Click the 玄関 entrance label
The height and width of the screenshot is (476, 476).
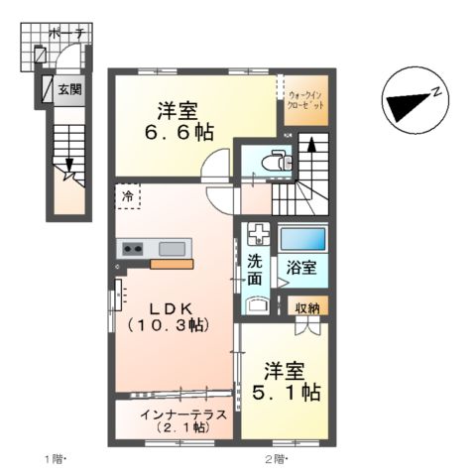pos(70,90)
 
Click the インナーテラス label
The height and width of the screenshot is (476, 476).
pos(183,415)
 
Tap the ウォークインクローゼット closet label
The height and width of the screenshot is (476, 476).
pos(305,99)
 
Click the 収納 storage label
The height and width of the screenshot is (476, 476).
pos(307,308)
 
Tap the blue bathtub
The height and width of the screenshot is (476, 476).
pos(302,238)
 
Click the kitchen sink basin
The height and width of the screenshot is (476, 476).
pos(172,248)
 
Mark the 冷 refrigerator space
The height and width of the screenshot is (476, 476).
pos(127,197)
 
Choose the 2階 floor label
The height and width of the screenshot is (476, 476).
pos(275,458)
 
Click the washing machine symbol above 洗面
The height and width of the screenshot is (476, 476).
pos(256,237)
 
